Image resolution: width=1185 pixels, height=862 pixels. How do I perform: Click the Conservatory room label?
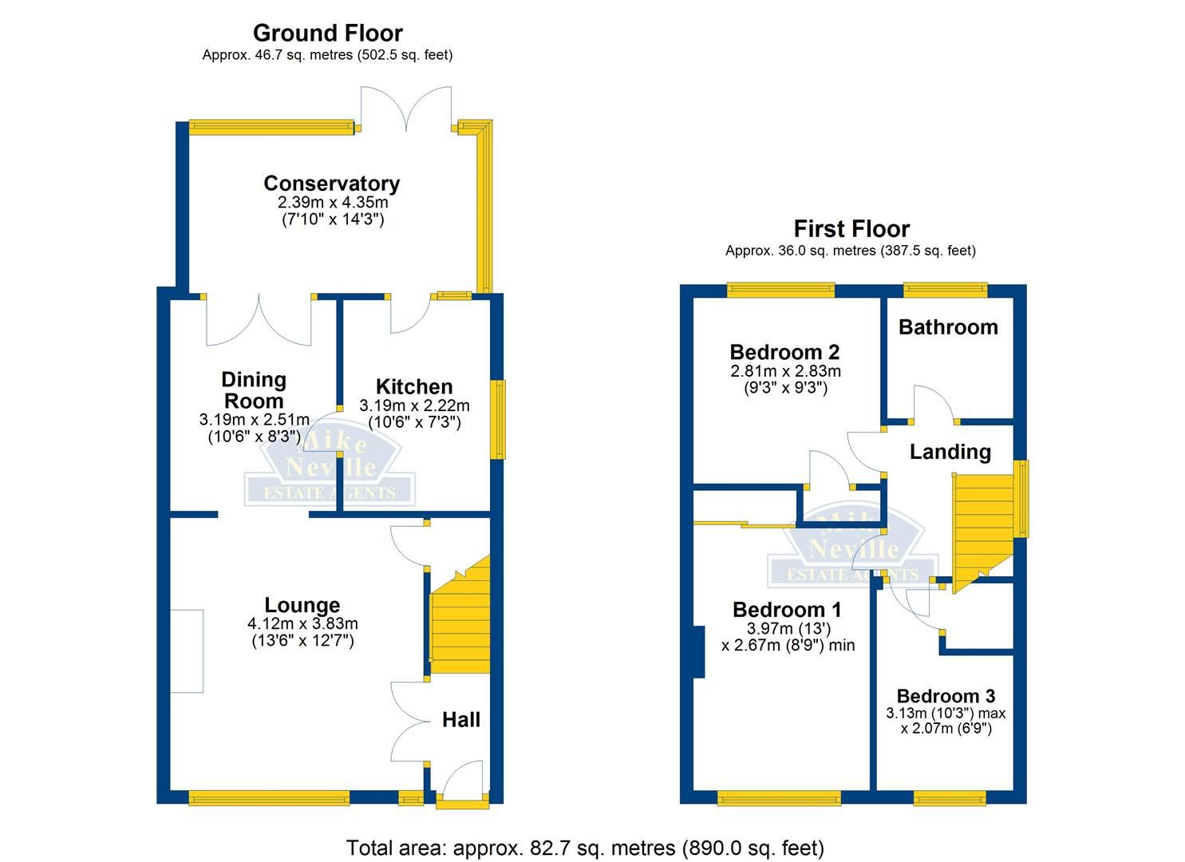point(331,184)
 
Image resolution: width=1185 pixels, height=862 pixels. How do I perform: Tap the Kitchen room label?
point(414,387)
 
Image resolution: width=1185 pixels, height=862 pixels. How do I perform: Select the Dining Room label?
point(253,390)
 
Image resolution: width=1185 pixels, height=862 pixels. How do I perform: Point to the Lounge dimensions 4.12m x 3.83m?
point(302,623)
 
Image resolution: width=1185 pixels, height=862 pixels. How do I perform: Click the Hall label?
point(461,720)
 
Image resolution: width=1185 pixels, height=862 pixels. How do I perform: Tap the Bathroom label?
point(948,327)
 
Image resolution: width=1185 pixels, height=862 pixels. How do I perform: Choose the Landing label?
point(950,452)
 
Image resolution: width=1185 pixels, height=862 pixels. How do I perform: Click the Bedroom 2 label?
point(784,352)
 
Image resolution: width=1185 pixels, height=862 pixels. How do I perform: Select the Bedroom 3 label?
point(946,696)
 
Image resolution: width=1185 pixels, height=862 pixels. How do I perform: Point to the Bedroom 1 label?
point(787,610)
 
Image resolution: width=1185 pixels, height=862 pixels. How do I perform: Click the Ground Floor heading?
point(327,34)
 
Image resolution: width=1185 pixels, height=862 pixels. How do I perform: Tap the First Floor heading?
point(851,229)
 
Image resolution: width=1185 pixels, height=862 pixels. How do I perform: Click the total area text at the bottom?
point(585,847)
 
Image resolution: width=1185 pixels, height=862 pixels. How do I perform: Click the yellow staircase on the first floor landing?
point(980,527)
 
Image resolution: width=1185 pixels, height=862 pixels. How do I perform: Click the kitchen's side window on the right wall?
point(499,419)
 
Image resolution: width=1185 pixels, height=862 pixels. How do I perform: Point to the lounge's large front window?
point(269,797)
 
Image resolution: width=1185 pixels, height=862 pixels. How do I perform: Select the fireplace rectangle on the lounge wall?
point(187,650)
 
